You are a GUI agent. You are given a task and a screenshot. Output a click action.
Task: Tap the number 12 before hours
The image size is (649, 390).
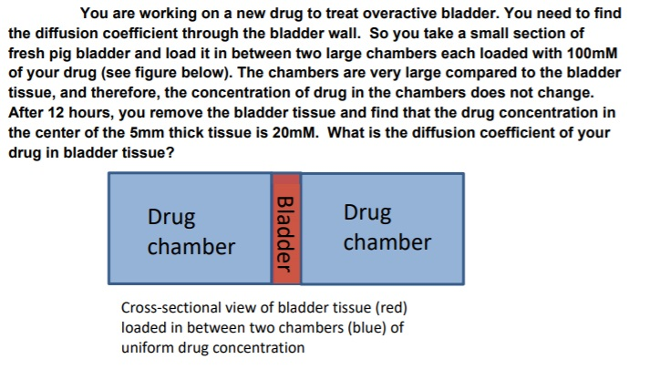(x=56, y=112)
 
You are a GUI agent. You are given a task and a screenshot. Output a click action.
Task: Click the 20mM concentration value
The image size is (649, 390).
(x=295, y=133)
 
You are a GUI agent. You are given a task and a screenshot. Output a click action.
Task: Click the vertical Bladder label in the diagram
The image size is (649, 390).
(x=284, y=233)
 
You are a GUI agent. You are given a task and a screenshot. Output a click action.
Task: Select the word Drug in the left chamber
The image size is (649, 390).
(x=171, y=217)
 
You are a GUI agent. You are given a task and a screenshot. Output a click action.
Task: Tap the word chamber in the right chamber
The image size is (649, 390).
(x=387, y=242)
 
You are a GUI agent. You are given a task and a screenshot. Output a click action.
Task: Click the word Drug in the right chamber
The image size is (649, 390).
(x=367, y=213)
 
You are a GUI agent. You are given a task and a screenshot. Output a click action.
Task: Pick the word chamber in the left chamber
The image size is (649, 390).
(x=191, y=247)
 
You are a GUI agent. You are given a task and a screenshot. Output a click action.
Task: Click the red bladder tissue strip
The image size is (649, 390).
(x=285, y=229)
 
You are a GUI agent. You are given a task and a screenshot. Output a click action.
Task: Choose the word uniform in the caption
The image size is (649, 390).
(x=148, y=347)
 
